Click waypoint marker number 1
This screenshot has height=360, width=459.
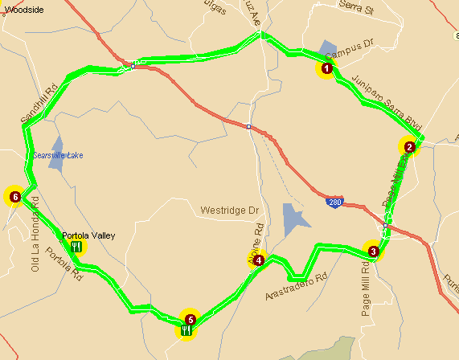[x=326, y=69]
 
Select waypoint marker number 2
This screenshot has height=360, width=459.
[x=409, y=147]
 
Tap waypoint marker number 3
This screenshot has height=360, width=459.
[x=373, y=252]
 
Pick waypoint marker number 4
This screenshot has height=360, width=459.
[x=258, y=260]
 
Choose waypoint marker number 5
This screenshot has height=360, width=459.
[x=190, y=319]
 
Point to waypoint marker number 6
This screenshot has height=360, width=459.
[x=14, y=195]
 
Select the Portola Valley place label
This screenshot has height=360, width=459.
[x=88, y=235]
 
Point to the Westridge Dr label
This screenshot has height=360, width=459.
[x=230, y=211]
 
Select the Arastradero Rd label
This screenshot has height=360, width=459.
[x=298, y=288]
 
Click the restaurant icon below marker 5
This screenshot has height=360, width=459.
[x=186, y=330]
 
